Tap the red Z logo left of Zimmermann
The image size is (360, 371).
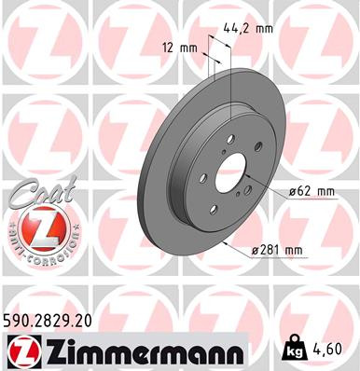(21, 350)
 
